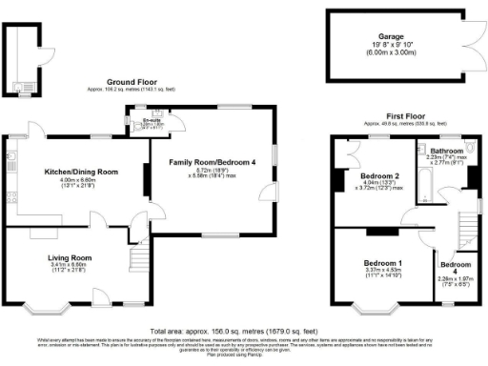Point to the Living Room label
pyautogui.click(x=70, y=257)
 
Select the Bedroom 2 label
pyautogui.click(x=378, y=177)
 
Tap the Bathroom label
pyautogui.click(x=445, y=152)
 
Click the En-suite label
pyautogui.click(x=150, y=120)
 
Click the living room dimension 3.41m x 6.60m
pyautogui.click(x=70, y=265)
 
